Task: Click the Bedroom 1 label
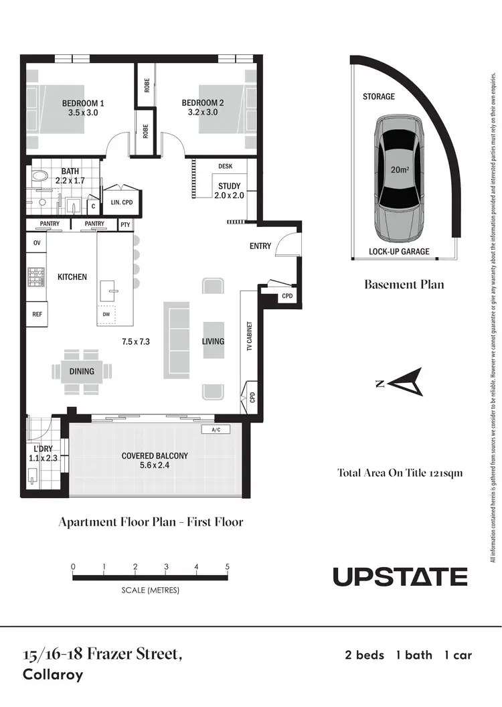tap(83, 103)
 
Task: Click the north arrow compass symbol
tap(404, 384)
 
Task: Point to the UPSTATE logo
tap(400, 576)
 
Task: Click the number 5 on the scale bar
tap(228, 566)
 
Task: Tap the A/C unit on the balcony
tap(216, 430)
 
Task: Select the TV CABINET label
tap(249, 335)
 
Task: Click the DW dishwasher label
tap(106, 314)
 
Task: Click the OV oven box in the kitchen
tap(37, 243)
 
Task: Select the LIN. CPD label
tap(118, 201)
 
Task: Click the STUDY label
tap(229, 186)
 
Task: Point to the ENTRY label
tap(260, 246)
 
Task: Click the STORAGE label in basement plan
tap(379, 96)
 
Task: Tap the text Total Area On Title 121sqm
tap(400, 473)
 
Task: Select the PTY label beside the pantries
tap(125, 225)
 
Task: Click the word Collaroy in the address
tap(53, 674)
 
